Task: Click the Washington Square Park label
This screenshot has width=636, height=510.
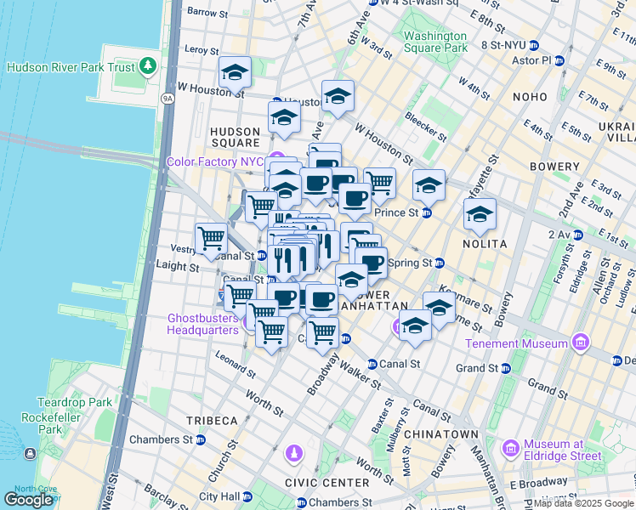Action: point(435,42)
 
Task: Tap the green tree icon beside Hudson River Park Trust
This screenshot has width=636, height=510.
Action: point(149,65)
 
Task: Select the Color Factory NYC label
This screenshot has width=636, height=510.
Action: point(215,161)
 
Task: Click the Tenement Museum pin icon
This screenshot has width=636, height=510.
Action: point(581,343)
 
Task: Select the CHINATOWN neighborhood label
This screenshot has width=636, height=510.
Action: point(441,433)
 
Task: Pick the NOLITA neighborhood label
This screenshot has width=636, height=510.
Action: point(486,244)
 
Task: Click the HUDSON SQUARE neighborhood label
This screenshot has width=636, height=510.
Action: point(235,138)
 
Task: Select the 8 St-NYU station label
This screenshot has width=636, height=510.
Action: point(504,44)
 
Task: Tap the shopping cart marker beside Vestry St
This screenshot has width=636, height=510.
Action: point(211,238)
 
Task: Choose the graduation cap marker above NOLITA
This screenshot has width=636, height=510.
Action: point(480,214)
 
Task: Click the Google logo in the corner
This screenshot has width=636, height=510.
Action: point(29,500)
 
